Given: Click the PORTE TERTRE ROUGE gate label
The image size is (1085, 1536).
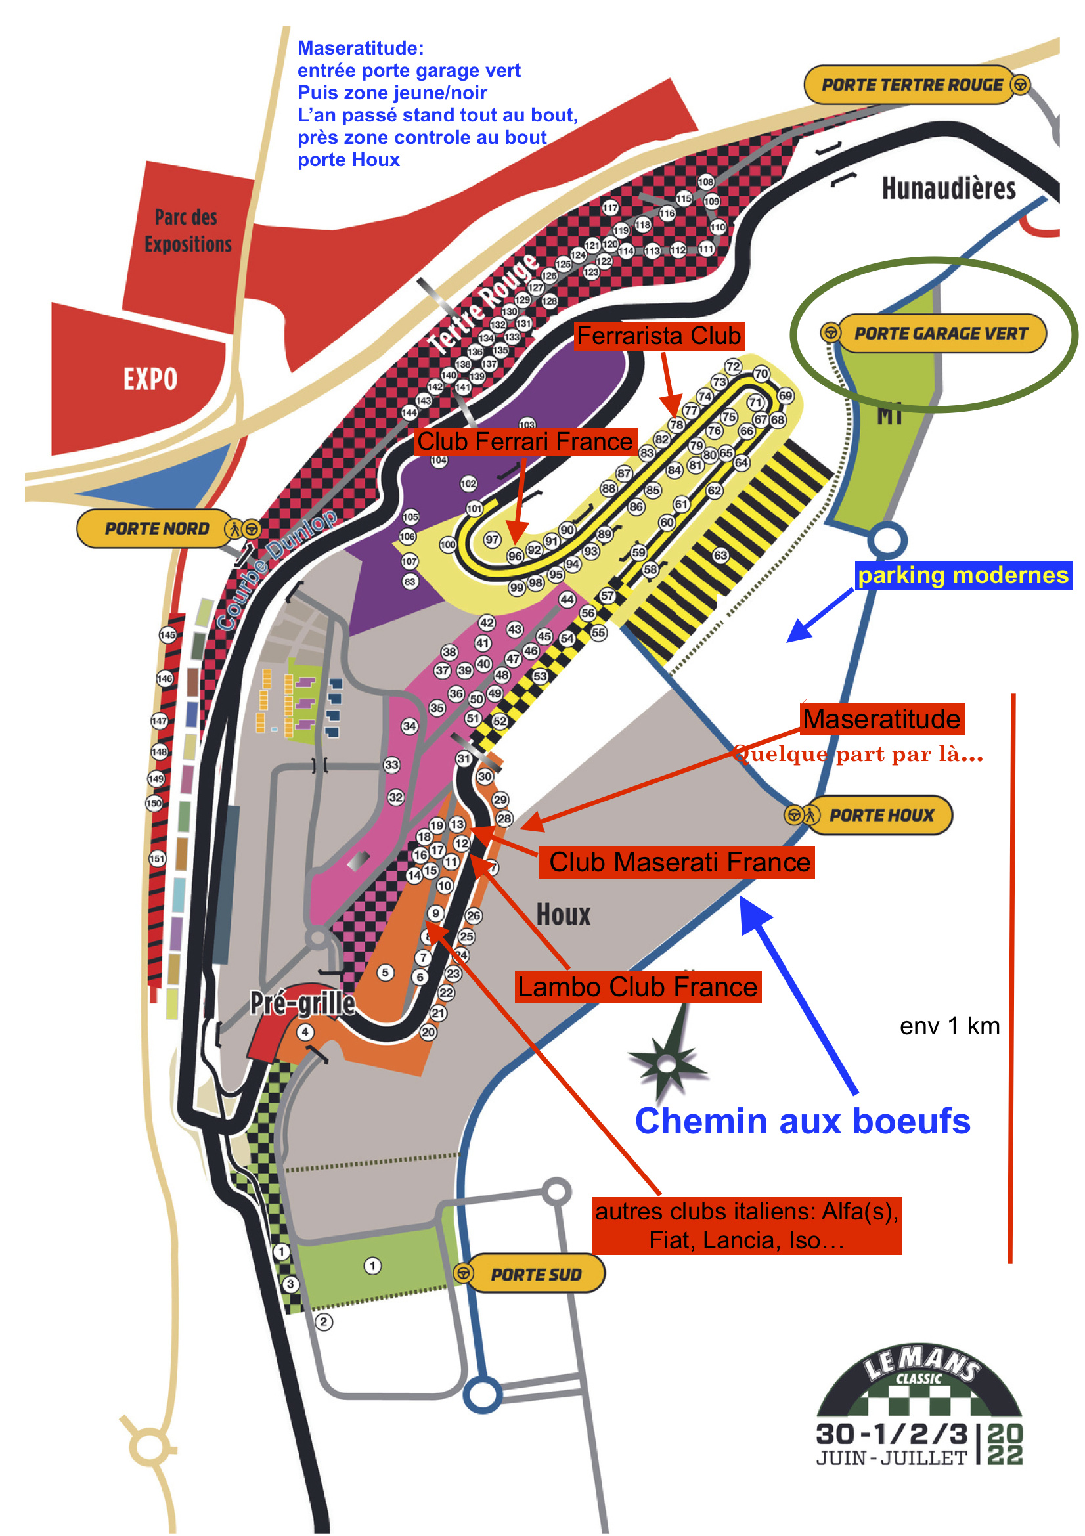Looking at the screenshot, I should coord(911,85).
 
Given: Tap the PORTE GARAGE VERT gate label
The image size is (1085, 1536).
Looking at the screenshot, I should coord(941,333).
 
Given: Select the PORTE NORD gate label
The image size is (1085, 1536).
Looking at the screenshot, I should coord(156,529).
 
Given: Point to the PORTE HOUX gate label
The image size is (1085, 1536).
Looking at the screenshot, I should coord(881,815).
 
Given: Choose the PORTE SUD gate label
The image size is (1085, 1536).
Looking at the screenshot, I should coord(536,1275).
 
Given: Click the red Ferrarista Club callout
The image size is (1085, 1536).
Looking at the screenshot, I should coord(659,336).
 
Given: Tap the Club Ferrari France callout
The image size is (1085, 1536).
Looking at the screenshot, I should coord(525,441).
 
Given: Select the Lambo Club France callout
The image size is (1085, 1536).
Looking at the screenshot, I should coord(638,987).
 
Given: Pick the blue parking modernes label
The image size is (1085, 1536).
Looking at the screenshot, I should coord(963,575).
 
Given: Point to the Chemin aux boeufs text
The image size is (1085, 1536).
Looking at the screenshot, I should coord(802,1121).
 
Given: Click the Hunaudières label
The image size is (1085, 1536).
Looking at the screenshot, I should coord(948,188).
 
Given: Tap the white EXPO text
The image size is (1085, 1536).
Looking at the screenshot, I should coord(150,380).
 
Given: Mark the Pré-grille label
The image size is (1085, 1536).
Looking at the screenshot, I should coord(302,1003).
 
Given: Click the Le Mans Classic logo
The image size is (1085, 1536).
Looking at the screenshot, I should coord(919,1405).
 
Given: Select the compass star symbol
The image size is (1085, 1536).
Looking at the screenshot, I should coord(667,1063).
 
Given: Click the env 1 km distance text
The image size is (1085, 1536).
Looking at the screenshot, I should coord(949,1026).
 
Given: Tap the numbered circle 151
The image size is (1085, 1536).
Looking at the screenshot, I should coord(157,858).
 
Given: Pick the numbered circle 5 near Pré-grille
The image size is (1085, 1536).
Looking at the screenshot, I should coord(386,972).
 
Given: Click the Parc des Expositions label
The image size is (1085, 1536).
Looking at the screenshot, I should coord(188,230).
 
